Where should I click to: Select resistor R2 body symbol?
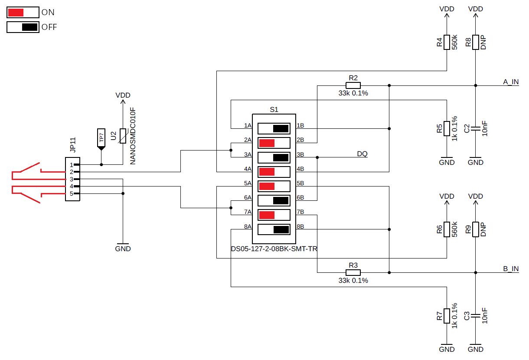pos(353,85)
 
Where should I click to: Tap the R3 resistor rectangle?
pos(353,272)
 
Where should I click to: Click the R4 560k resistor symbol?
pos(447,42)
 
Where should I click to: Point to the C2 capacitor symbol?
pos(475,128)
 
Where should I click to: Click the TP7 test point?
pos(101,139)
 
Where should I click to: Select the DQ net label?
pos(362,154)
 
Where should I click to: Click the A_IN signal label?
pos(511,82)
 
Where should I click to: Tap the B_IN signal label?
pos(511,269)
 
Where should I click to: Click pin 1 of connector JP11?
pos(76,165)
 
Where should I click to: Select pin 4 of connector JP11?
pos(76,187)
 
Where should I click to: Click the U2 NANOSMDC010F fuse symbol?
pos(123,136)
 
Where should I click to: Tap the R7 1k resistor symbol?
pos(447,316)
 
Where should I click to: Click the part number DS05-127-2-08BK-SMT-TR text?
pos(274,249)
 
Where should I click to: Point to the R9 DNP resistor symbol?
pos(475,229)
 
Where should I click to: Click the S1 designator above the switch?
pos(274,110)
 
